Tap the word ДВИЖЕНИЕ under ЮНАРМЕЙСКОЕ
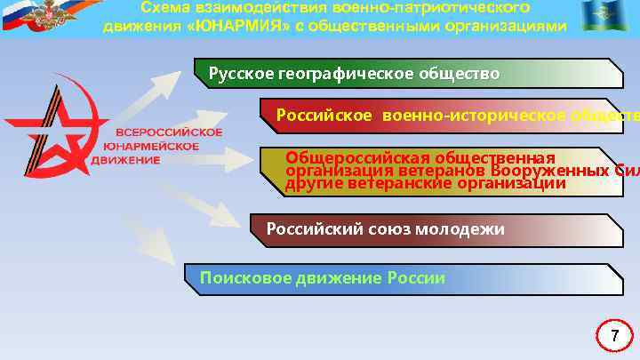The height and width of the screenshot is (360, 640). point(125,160)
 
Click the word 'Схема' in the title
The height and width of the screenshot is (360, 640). point(165,7)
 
